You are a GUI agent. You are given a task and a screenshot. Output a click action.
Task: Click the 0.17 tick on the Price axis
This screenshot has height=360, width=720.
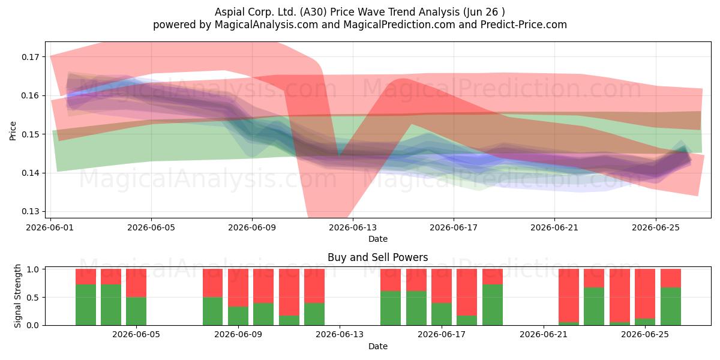coord(30,57)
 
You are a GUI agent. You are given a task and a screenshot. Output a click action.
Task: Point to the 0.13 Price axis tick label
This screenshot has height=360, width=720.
coord(30,211)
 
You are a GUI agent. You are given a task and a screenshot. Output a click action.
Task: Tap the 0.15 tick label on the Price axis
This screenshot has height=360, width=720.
coord(30,134)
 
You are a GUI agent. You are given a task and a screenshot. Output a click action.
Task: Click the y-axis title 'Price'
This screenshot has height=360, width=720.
coord(13,131)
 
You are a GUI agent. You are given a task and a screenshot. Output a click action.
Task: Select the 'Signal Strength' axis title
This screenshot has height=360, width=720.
coord(17,296)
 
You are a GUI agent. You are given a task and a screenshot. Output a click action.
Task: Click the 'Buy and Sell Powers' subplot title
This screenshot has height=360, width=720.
coord(377,257)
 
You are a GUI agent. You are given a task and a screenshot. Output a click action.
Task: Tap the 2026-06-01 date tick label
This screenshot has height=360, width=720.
coord(50,227)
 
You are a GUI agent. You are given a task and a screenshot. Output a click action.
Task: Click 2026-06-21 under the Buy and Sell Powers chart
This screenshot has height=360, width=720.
coord(544,334)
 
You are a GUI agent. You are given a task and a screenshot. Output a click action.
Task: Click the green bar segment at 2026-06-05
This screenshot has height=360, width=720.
coord(136,311)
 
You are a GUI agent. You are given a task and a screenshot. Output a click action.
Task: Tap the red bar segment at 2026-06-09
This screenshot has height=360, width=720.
coord(238,287)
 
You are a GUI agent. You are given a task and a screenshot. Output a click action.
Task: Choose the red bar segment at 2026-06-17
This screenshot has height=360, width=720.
coord(442,286)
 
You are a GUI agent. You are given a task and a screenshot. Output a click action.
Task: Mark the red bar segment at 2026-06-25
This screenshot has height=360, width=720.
coord(645,294)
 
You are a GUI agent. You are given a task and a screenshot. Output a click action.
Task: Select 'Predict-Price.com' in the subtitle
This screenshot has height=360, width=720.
coord(524,25)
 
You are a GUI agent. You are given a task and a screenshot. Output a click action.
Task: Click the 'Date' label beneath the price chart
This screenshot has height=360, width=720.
coord(377,239)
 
